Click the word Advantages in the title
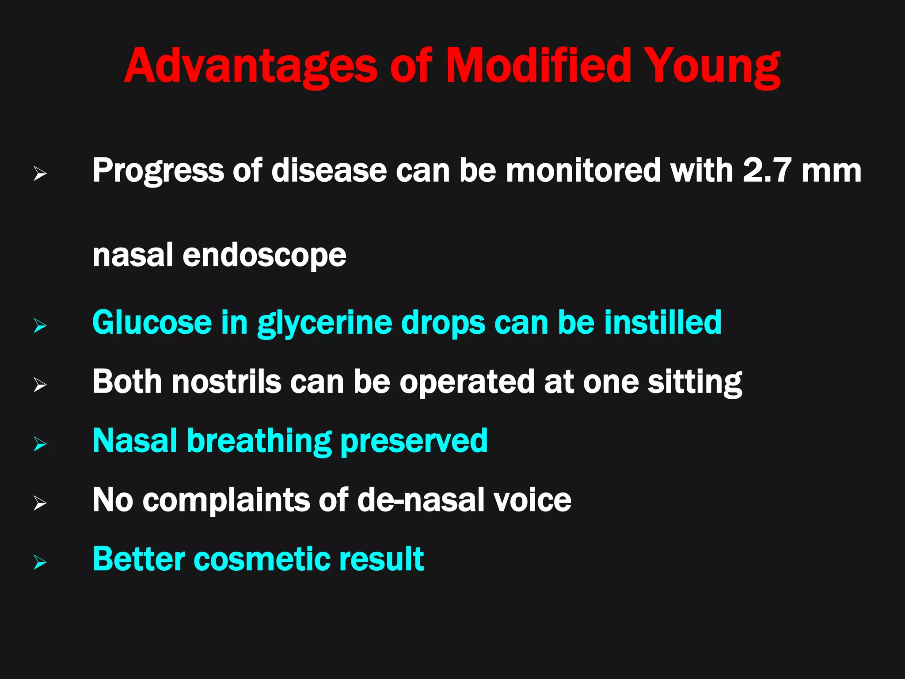pyautogui.click(x=251, y=66)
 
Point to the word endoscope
pyautogui.click(x=264, y=256)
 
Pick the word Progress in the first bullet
pyautogui.click(x=158, y=172)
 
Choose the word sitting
pyautogui.click(x=695, y=383)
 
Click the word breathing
pyautogui.click(x=259, y=442)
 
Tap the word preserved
pyautogui.click(x=414, y=442)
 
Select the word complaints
pyautogui.click(x=226, y=501)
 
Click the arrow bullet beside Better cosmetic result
pyautogui.click(x=40, y=562)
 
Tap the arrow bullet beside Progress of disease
pyautogui.click(x=40, y=174)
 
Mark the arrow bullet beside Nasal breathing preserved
pyautogui.click(x=40, y=444)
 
